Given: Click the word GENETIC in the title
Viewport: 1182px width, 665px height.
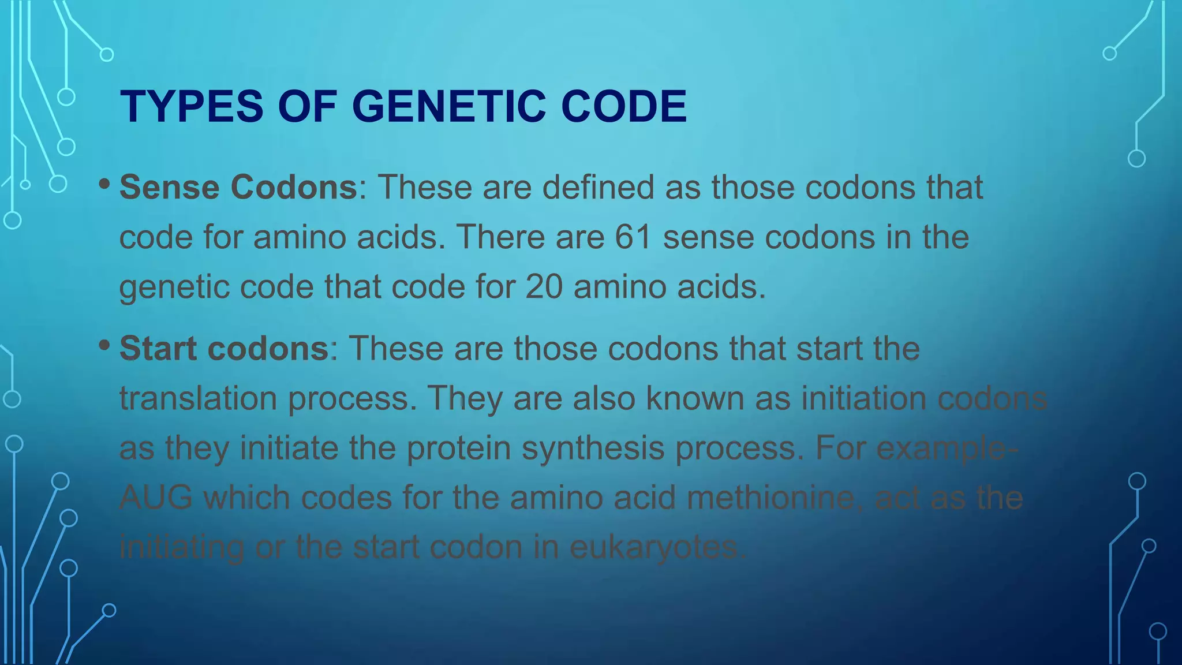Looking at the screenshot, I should click(x=448, y=107).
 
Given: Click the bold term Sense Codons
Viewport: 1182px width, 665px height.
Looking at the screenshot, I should click(x=238, y=188).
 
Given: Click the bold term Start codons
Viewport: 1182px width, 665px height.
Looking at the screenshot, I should click(x=224, y=349).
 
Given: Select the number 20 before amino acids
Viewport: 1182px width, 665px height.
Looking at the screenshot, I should click(x=544, y=287).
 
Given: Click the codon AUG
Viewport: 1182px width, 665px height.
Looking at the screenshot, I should click(x=156, y=498).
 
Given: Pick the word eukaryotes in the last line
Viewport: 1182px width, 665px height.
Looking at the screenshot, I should click(x=658, y=547).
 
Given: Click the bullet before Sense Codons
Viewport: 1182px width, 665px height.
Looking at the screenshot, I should click(x=104, y=184).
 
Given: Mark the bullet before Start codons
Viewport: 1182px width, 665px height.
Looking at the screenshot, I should click(x=104, y=345).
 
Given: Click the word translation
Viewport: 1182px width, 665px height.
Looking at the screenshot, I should click(x=198, y=398).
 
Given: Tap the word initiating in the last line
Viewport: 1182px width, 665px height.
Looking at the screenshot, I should click(x=182, y=547).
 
